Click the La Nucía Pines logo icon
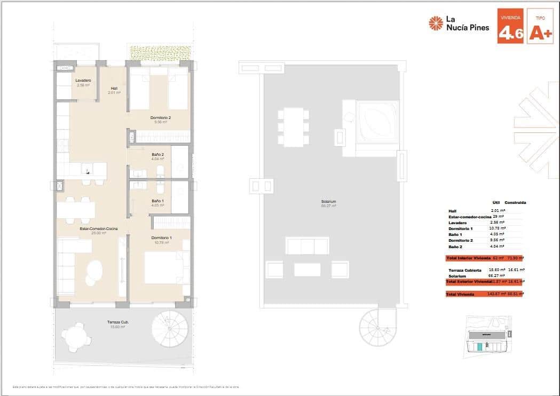tap(435, 22)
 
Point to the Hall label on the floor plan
tap(114, 89)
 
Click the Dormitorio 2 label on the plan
tap(161, 118)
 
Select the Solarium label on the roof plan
tap(328, 202)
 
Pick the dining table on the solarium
tap(293, 127)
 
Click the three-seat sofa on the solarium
tap(307, 246)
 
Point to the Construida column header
tap(515, 203)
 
